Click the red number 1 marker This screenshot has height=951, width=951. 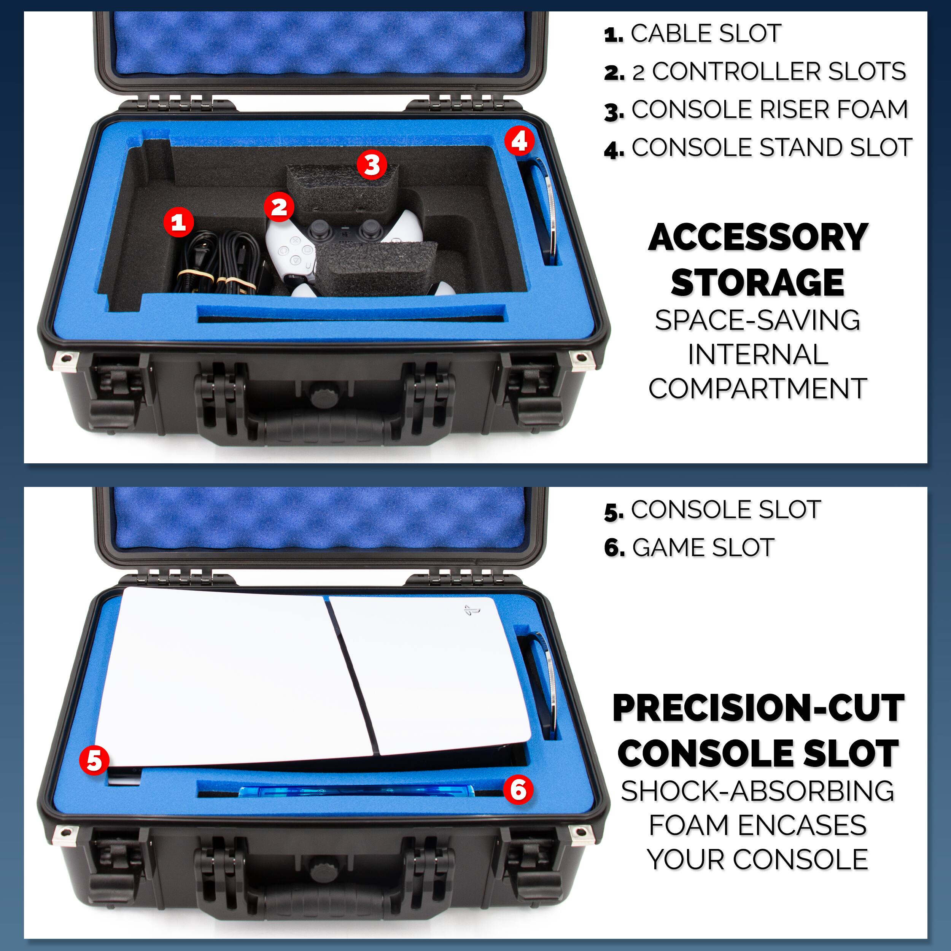point(178,222)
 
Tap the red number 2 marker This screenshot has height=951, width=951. point(279,207)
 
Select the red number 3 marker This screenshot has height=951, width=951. point(372,164)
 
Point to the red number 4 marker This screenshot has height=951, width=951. point(519,141)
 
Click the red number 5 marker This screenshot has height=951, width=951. point(94,760)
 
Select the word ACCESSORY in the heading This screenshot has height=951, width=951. point(758,238)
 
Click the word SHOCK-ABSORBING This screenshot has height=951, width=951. point(757,791)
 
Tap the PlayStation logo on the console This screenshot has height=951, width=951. point(472,611)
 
